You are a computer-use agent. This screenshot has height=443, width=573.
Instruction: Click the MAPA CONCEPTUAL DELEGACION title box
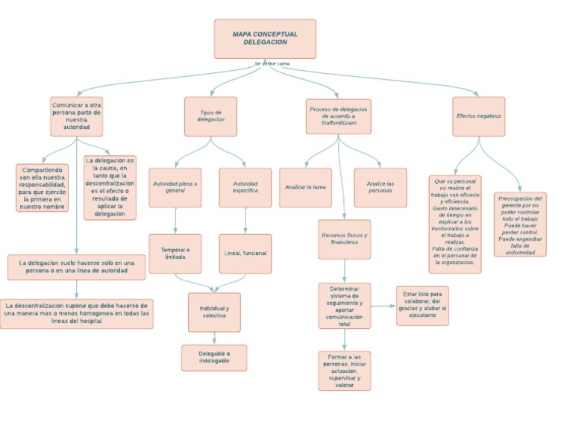(265, 39)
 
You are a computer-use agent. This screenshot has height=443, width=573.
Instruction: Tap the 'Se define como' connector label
(272, 63)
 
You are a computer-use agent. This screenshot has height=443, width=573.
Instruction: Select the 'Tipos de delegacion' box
(210, 116)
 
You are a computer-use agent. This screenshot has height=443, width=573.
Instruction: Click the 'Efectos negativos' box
(478, 116)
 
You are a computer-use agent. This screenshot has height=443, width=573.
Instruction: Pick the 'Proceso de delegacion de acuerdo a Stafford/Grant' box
(338, 116)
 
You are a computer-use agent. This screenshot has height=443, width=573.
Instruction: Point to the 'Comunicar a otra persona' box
(76, 116)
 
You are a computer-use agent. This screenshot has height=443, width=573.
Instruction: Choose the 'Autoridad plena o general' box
(175, 187)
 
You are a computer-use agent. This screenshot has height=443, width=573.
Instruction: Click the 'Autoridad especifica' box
(245, 187)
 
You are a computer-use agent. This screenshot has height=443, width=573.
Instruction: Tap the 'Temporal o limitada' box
(175, 254)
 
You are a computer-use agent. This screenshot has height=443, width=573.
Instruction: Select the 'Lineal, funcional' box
(245, 254)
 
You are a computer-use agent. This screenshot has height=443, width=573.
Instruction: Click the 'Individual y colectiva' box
(214, 312)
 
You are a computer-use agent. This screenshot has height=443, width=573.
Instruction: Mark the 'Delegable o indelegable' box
(214, 357)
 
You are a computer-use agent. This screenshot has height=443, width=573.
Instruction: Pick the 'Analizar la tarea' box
(305, 187)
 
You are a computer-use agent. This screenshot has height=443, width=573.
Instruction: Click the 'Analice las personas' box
(380, 187)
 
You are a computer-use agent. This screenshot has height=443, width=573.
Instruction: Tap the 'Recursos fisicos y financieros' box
(344, 239)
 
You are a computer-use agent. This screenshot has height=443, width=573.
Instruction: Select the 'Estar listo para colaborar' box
(422, 306)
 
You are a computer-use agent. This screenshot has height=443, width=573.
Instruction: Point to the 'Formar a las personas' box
(344, 371)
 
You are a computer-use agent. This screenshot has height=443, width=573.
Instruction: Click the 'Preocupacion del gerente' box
(519, 224)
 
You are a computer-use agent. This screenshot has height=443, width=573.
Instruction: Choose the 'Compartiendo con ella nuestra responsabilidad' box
(42, 188)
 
